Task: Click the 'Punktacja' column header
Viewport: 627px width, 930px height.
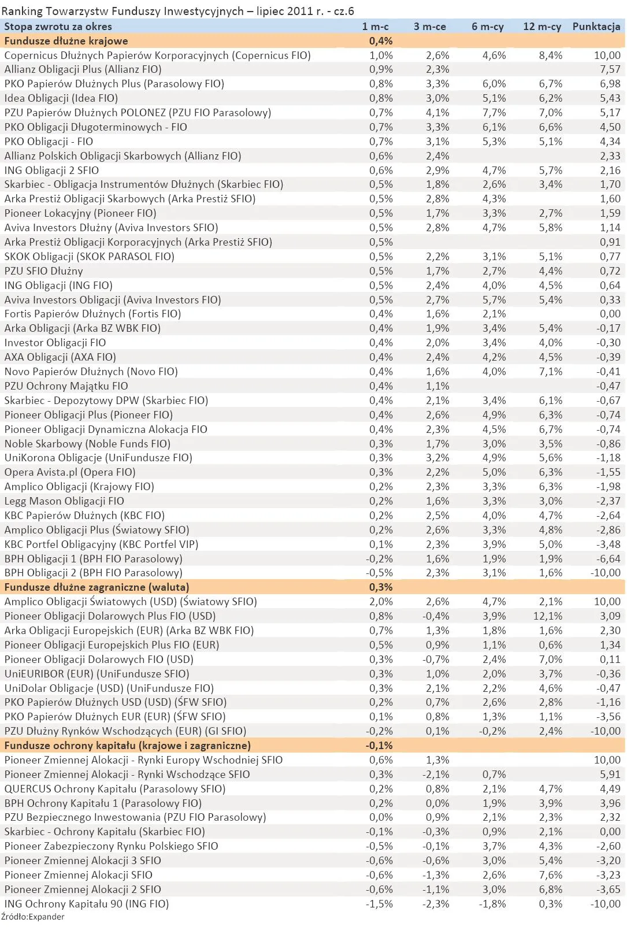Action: coord(596,27)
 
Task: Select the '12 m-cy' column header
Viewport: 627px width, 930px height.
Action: coord(541,27)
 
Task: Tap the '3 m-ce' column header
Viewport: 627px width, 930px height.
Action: coord(429,27)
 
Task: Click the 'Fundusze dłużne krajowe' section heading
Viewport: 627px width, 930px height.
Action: coord(66,41)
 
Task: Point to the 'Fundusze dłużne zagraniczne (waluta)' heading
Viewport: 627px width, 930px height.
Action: coord(93,587)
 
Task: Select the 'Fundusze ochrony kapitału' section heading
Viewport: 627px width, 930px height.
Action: coord(127,746)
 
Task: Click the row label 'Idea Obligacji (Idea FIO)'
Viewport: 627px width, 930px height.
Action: coord(61,98)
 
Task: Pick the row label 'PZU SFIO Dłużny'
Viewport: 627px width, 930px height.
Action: coord(43,271)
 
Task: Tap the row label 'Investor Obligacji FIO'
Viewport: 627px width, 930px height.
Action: coord(55,343)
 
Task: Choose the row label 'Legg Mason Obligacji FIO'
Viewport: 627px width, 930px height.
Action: coord(64,501)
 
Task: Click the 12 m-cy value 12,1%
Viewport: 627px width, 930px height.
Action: coord(546,616)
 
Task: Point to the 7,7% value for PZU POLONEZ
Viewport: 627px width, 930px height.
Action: coord(494,113)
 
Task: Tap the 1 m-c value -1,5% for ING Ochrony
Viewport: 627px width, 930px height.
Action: coord(379,904)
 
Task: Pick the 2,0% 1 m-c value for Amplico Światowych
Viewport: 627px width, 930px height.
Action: coord(381,602)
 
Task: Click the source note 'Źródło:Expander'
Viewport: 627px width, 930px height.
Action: coord(32,917)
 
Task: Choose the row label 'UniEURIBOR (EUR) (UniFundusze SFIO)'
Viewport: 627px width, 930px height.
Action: coord(97,674)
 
